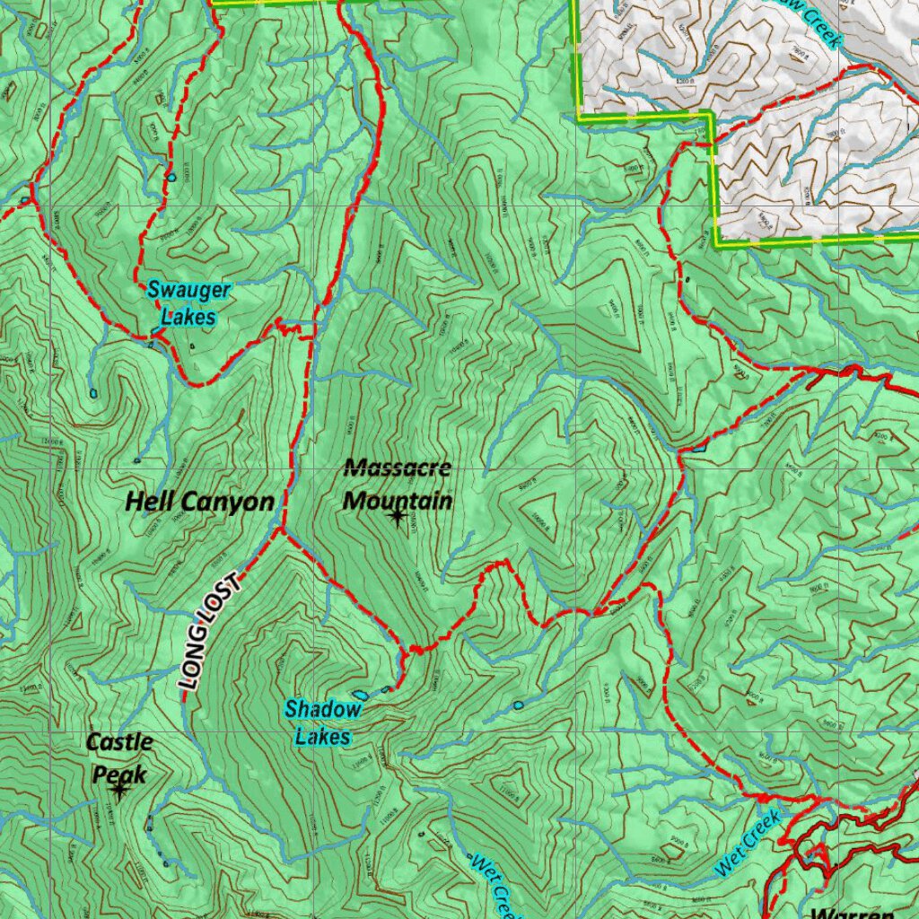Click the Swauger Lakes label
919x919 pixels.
pyautogui.click(x=189, y=302)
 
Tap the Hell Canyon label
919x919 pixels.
pyautogui.click(x=199, y=502)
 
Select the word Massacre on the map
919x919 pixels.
pyautogui.click(x=397, y=468)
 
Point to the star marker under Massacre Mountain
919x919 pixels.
pyautogui.click(x=397, y=517)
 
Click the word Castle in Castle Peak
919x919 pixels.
pyautogui.click(x=119, y=742)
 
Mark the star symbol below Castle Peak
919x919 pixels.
pyautogui.click(x=118, y=790)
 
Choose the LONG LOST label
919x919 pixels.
pyautogui.click(x=211, y=632)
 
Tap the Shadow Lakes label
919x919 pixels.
pyautogui.click(x=323, y=722)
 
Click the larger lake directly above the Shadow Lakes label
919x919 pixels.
pyautogui.click(x=360, y=695)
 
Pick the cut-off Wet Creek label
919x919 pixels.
pyautogui.click(x=492, y=883)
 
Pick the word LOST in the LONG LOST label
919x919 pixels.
pyautogui.click(x=224, y=604)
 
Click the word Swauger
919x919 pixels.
pyautogui.click(x=189, y=290)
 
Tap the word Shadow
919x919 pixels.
pyautogui.click(x=323, y=710)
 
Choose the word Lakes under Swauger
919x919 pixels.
pyautogui.click(x=188, y=316)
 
